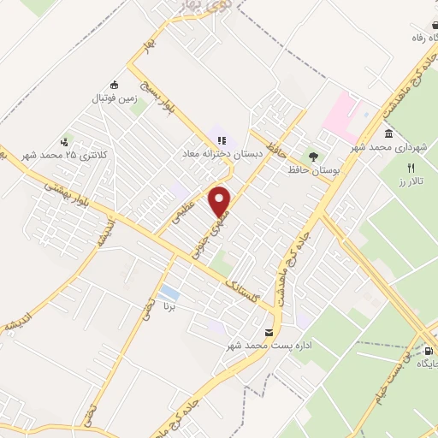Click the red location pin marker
click(x=221, y=200)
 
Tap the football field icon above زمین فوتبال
click(x=115, y=85)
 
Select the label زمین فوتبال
click(x=114, y=98)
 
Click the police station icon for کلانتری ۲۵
click(x=63, y=142)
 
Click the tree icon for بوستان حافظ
click(x=313, y=157)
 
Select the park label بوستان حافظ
click(x=313, y=170)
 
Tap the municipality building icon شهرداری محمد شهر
click(x=389, y=135)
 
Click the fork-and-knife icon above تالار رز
click(x=411, y=168)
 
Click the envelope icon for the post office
click(x=269, y=333)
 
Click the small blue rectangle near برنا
click(x=169, y=293)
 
